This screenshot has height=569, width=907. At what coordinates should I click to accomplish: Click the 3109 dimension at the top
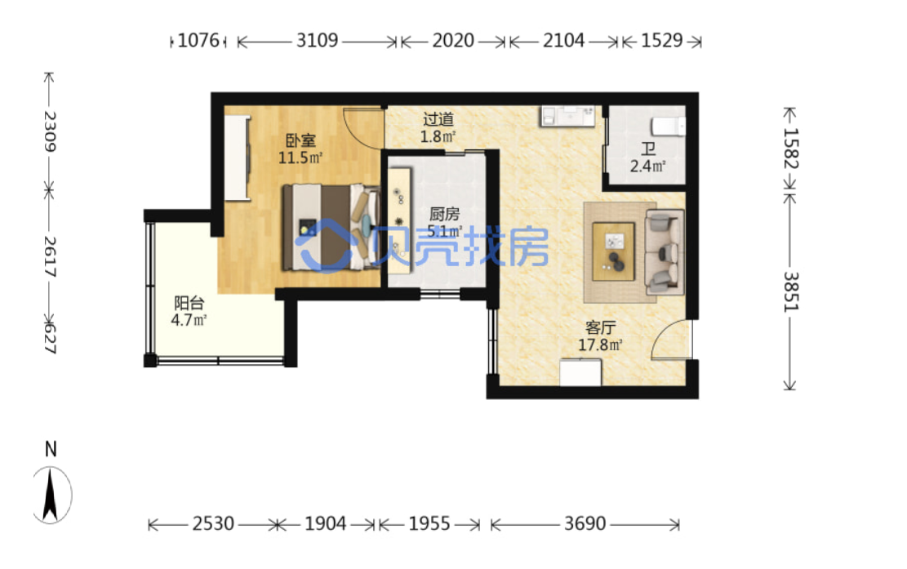[x=317, y=41]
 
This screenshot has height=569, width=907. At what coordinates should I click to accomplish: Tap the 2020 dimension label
[x=453, y=41]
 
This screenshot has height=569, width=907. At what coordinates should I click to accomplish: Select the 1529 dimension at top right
[x=662, y=41]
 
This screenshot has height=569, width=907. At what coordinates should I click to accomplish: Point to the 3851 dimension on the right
[x=790, y=291]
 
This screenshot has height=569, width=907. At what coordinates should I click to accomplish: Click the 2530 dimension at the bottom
[x=213, y=524]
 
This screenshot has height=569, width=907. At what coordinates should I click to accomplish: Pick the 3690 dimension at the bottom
[x=585, y=524]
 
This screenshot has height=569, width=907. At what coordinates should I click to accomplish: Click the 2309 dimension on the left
[x=51, y=131]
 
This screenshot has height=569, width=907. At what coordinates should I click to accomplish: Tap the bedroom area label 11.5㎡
[x=300, y=158]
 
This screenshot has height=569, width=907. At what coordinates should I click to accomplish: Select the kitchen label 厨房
[x=444, y=214]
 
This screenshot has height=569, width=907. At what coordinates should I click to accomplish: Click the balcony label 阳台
[x=189, y=302]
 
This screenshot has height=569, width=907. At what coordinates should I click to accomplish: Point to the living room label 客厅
[x=600, y=328]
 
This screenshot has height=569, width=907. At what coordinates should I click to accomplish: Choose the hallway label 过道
[x=438, y=119]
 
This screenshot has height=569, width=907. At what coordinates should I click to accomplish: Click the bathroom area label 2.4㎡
[x=648, y=167]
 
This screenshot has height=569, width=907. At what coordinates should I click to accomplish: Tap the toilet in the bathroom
[x=668, y=126]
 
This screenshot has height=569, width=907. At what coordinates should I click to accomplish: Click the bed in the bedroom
[x=331, y=227]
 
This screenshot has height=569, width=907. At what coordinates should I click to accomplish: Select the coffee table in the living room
[x=613, y=251]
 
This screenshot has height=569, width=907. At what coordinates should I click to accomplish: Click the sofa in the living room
[x=664, y=252]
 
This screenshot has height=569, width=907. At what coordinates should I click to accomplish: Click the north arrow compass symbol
[x=51, y=495]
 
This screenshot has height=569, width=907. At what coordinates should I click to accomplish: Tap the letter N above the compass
[x=51, y=449]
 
